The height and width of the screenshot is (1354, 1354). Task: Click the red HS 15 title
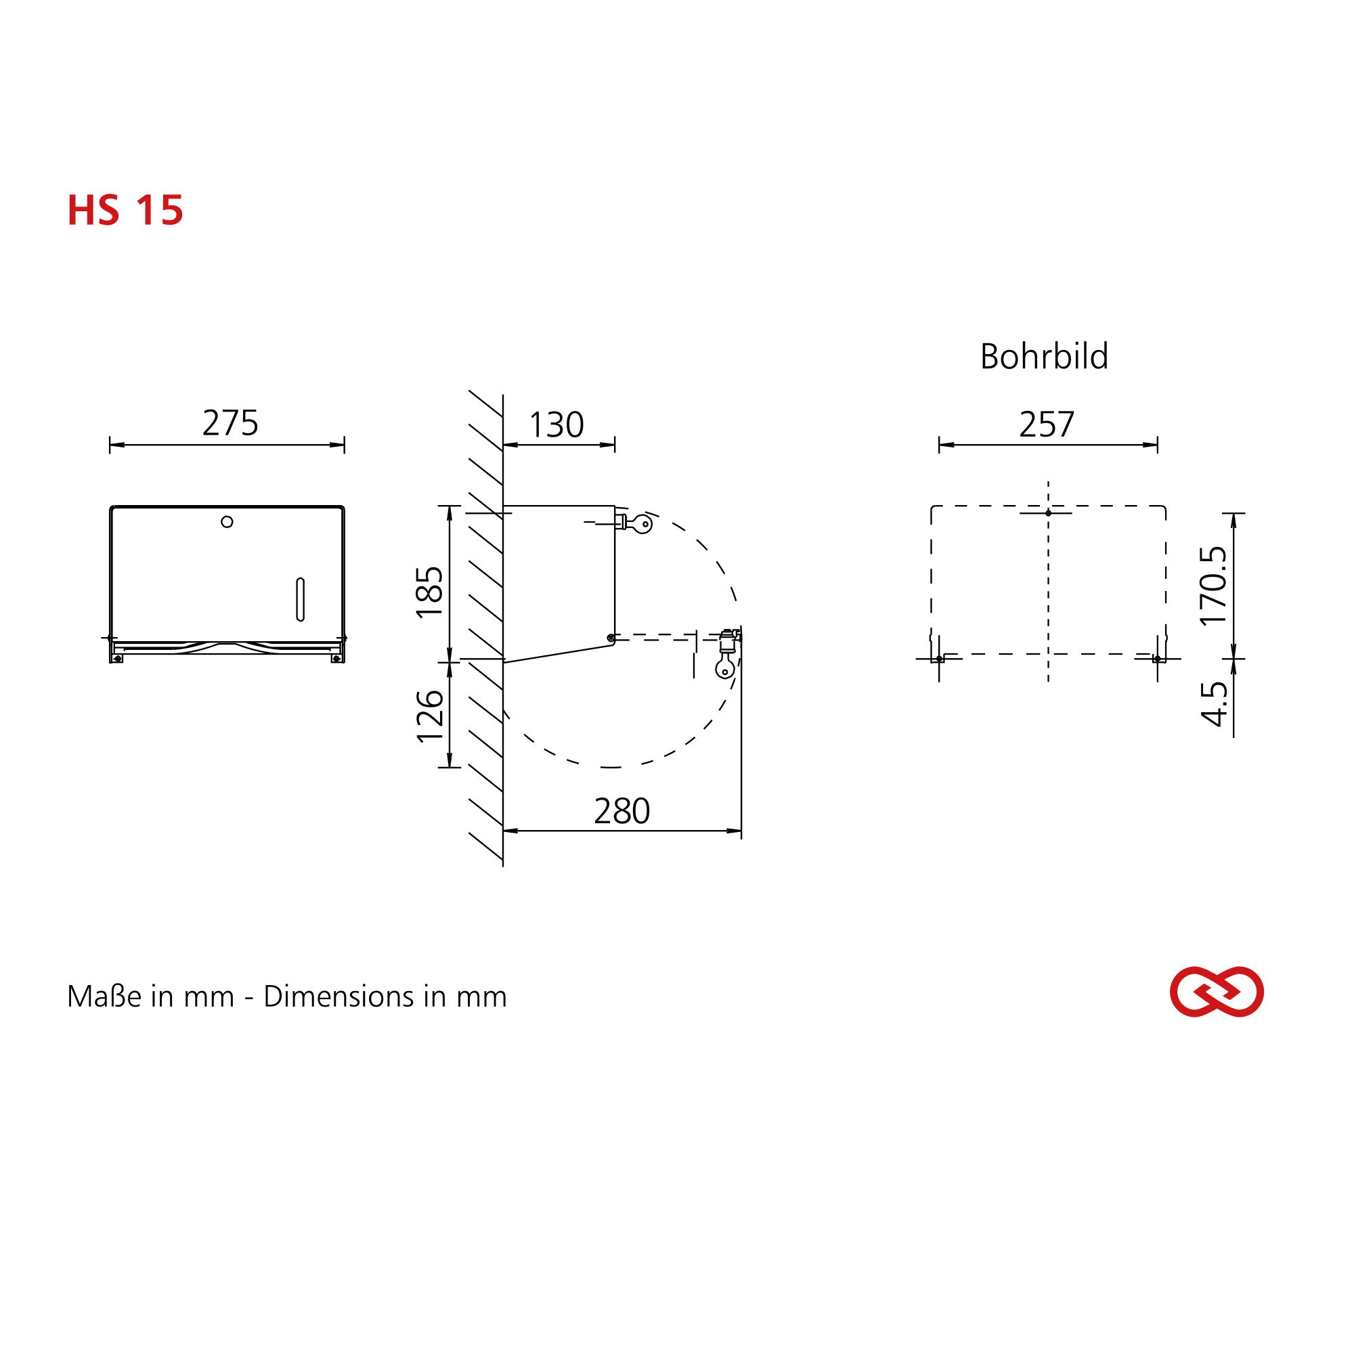[x=125, y=210]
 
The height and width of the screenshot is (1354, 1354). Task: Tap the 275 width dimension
[x=231, y=423]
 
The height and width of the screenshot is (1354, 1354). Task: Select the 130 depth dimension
[x=556, y=425]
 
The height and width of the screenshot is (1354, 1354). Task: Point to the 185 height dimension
[x=431, y=592]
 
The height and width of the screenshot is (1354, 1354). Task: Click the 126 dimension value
[x=431, y=716]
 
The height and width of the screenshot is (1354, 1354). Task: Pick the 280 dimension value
[x=622, y=812]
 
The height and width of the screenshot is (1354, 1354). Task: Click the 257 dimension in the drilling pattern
[x=1047, y=424]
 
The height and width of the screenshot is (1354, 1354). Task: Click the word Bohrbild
[x=1044, y=357]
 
